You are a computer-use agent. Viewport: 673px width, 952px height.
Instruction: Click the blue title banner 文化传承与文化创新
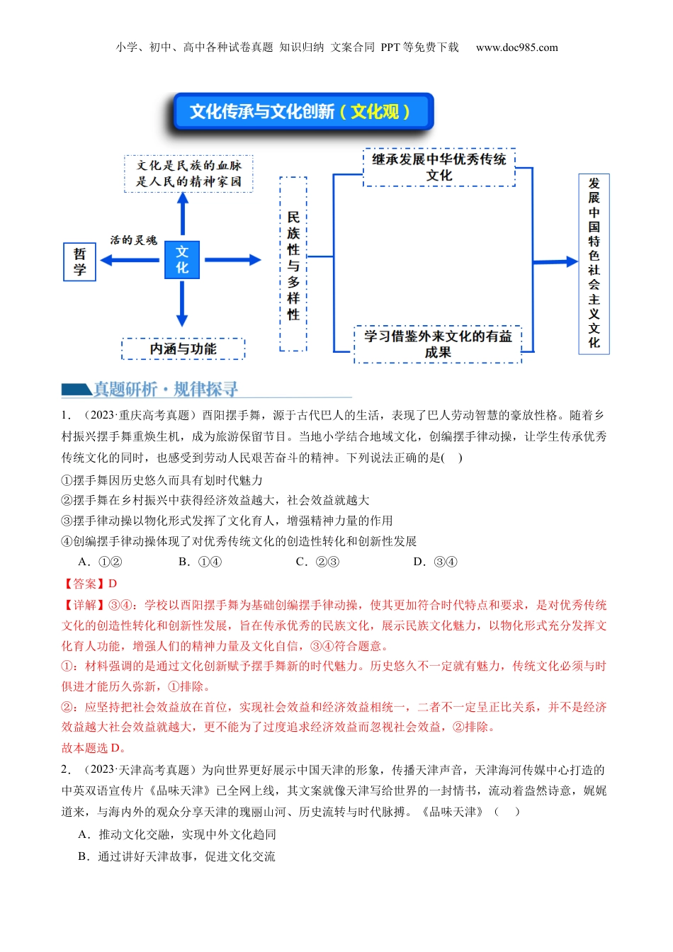pos(302,112)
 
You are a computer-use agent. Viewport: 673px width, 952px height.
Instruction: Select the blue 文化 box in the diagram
pos(182,260)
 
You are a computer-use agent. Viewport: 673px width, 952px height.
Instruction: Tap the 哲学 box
pos(79,261)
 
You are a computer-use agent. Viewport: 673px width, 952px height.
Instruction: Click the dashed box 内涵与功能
pos(183,348)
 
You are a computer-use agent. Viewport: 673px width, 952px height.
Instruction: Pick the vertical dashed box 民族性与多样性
pos(293,264)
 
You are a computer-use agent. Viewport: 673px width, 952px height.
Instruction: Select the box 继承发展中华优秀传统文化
pos(439,167)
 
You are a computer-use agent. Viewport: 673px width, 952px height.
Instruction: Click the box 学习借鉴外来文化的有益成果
pos(438,344)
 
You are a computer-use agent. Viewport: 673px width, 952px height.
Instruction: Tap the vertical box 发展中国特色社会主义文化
pos(594,263)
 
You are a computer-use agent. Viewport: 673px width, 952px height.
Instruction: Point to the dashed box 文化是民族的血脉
pos(188,174)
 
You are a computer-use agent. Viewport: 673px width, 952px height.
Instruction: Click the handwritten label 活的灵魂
pos(133,240)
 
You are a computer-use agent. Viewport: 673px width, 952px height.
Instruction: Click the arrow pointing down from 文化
pos(182,303)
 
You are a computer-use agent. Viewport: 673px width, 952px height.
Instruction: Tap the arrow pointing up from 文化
pos(183,212)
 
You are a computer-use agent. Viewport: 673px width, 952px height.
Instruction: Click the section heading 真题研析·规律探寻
pos(166,389)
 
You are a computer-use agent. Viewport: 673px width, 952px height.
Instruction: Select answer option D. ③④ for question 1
pos(435,562)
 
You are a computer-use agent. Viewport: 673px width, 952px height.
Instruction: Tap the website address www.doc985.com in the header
pos(516,47)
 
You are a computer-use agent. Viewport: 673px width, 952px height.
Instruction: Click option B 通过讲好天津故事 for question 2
pos(176,856)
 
